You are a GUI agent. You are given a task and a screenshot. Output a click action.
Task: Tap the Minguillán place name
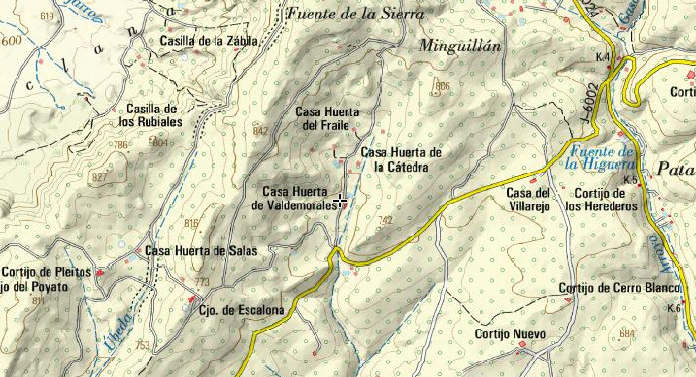click(459, 46)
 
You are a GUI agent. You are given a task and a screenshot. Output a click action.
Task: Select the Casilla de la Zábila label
click(210, 41)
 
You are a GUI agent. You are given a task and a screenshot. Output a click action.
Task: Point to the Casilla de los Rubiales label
click(149, 115)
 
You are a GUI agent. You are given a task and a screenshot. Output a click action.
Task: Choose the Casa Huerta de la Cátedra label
click(401, 160)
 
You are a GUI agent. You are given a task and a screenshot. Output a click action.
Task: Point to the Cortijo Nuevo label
click(511, 334)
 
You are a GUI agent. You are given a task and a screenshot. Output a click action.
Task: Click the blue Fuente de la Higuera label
click(601, 158)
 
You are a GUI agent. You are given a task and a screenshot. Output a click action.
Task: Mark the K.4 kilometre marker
click(603, 58)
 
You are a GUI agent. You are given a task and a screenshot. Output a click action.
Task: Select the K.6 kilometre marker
click(675, 308)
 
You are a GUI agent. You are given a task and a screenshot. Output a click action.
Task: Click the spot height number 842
click(260, 130)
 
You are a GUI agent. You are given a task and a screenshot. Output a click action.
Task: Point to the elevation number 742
click(385, 221)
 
